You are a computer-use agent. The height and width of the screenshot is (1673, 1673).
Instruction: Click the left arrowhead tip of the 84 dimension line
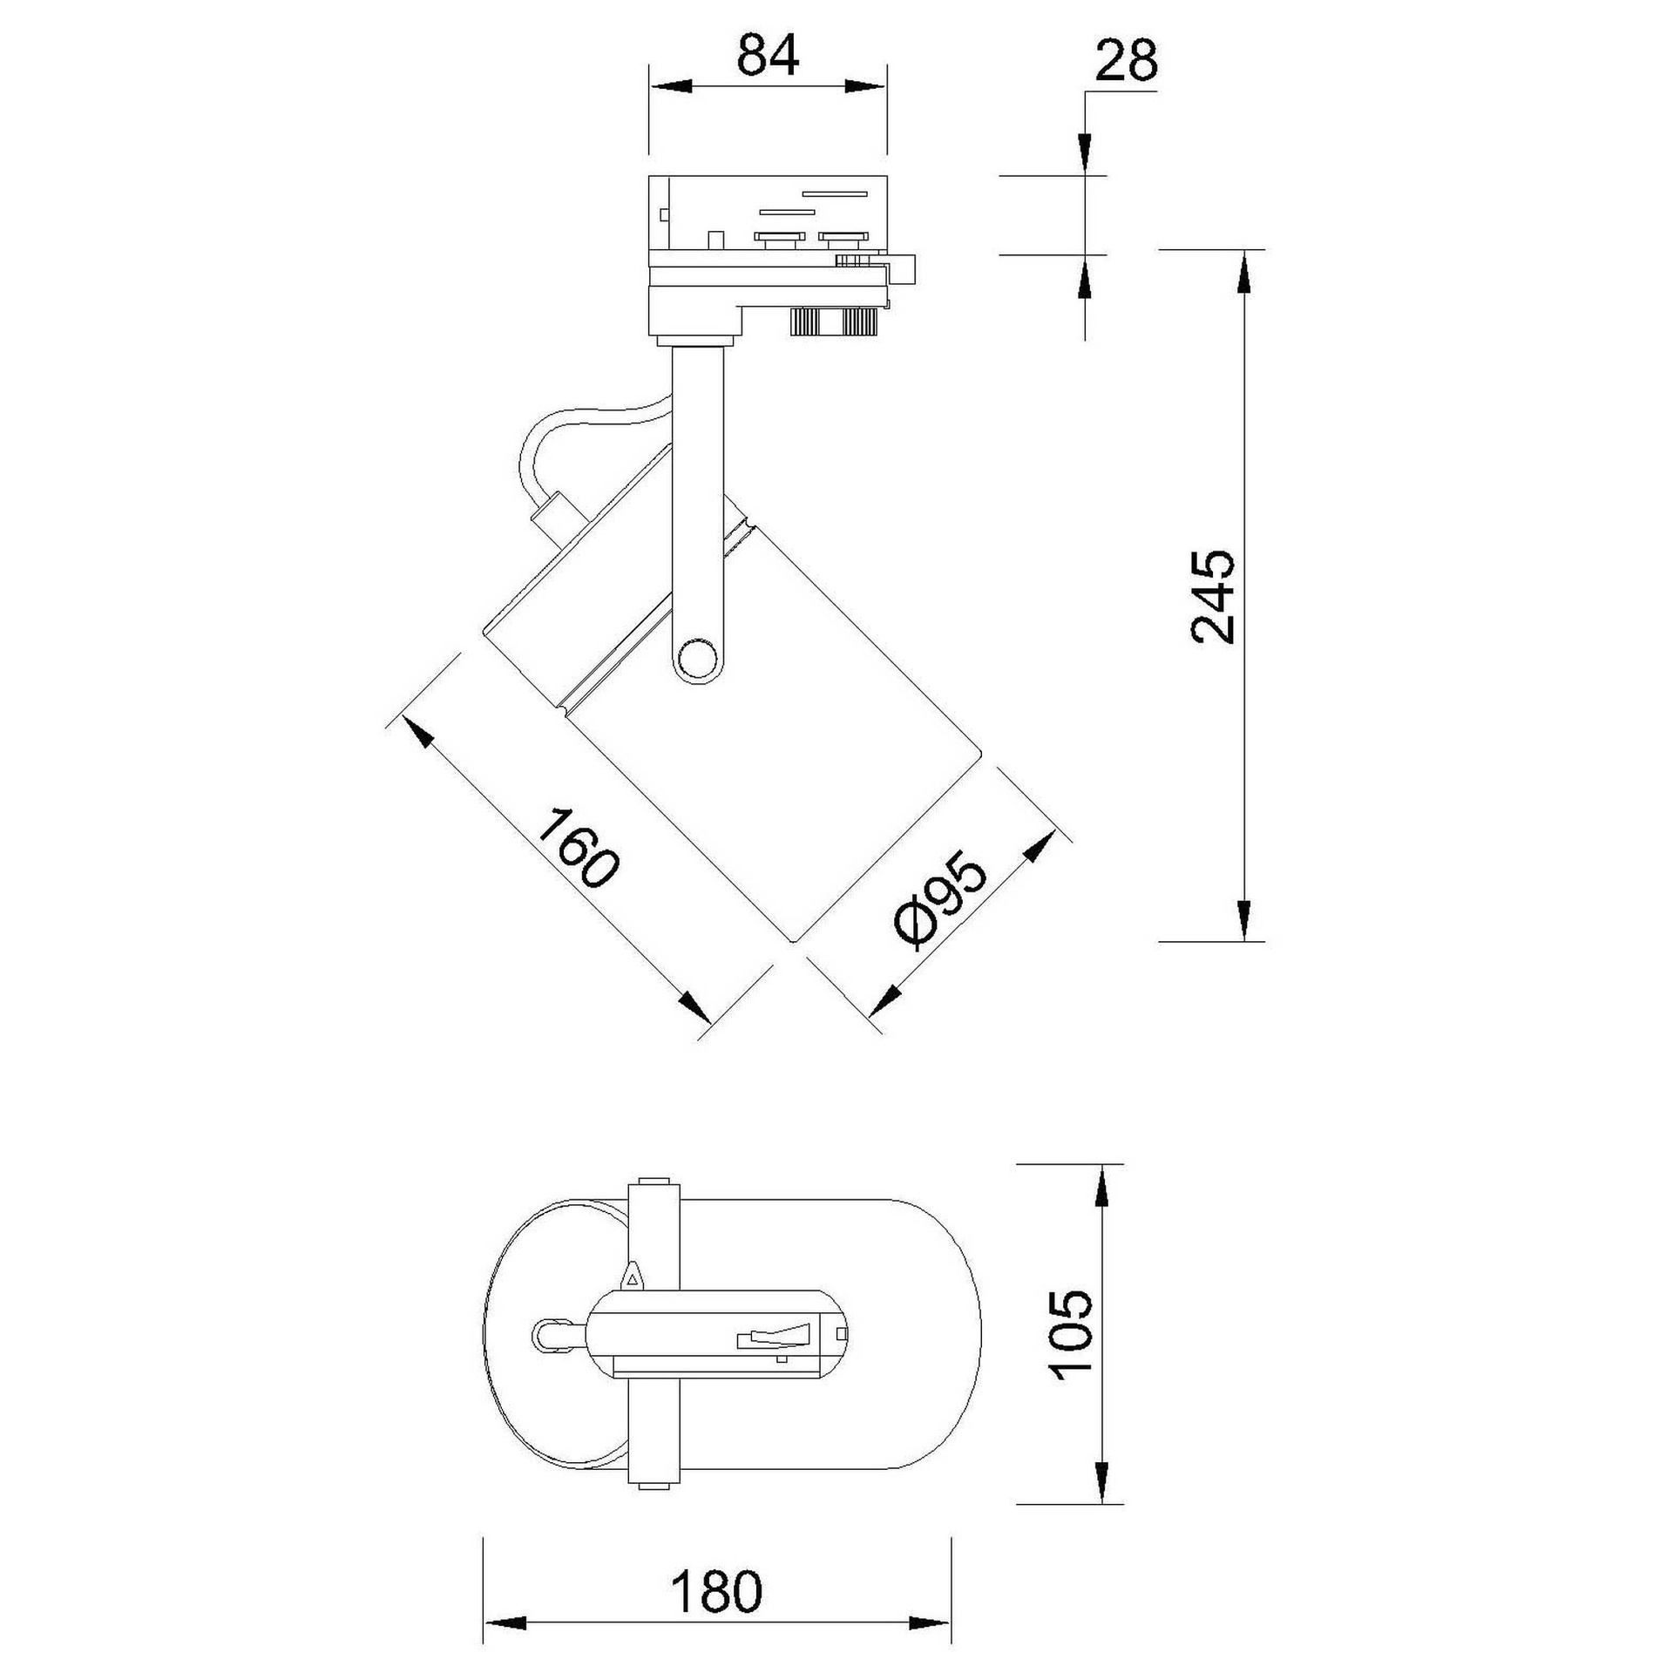point(650,86)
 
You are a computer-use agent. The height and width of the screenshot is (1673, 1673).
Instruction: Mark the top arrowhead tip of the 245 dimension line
point(1244,251)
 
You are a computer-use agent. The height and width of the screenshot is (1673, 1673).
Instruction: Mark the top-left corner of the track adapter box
point(649,178)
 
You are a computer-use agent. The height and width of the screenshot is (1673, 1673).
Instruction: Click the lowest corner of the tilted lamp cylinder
point(791,942)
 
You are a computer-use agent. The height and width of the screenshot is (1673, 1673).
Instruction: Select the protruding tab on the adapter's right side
point(902,269)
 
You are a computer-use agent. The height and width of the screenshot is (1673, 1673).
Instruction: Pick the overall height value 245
point(1212,596)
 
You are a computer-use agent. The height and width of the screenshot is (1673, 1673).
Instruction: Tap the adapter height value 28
point(1126,61)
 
